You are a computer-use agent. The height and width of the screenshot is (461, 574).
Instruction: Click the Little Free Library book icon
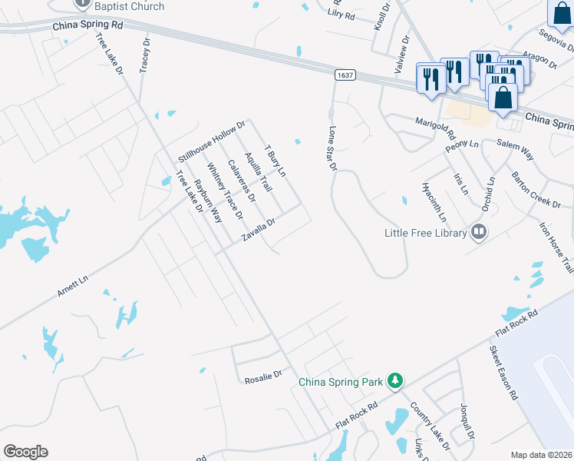479,231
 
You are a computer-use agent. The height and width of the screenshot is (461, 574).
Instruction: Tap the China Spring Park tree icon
394,381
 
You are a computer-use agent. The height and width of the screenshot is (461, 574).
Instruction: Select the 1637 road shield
344,75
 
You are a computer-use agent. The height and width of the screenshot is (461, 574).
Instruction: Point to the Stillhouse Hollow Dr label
211,141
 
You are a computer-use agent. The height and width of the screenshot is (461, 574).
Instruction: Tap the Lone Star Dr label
333,149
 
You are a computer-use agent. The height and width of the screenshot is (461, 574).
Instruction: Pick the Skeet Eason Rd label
503,373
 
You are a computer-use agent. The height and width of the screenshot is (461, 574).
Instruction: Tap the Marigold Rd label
435,124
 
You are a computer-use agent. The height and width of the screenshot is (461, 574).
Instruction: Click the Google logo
25,452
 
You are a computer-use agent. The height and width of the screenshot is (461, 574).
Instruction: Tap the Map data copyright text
541,455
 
